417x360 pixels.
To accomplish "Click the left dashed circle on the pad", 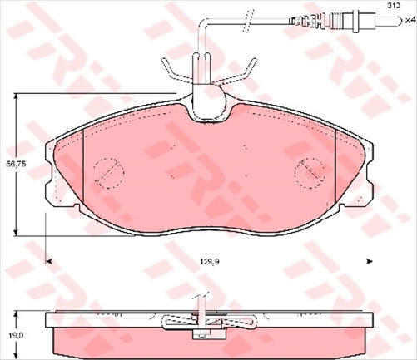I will coord(106,172).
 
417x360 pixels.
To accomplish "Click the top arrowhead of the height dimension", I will coord(17,99).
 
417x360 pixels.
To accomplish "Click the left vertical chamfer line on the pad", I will coord(87,166).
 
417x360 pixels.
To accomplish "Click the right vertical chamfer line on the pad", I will coord(333,166).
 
